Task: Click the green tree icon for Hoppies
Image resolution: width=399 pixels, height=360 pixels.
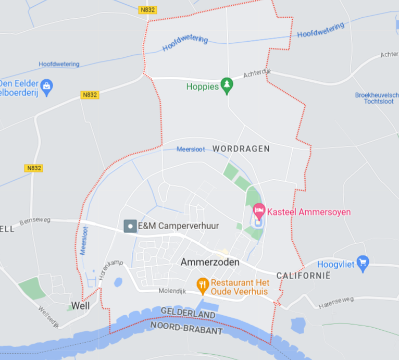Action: click(227, 85)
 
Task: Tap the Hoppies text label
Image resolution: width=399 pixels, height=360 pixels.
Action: click(203, 87)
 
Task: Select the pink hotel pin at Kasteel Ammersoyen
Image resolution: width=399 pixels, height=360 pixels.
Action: click(258, 212)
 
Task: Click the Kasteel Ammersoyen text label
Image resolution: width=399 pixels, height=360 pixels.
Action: click(309, 212)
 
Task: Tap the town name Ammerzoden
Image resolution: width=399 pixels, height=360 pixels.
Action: click(210, 262)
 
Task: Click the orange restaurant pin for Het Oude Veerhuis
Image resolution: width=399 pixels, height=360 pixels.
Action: click(203, 285)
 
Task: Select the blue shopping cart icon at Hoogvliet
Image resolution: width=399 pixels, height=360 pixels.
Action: click(363, 263)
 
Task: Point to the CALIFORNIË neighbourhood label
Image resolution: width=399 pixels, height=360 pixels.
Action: click(303, 276)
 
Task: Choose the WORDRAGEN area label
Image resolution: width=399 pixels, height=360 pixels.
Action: click(241, 148)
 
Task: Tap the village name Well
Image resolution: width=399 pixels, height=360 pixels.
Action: click(81, 305)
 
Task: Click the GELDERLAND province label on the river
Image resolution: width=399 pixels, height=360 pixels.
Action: click(189, 314)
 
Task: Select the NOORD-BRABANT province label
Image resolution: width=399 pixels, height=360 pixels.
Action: click(186, 328)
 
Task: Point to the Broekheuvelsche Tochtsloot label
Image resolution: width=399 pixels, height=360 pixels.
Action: click(377, 98)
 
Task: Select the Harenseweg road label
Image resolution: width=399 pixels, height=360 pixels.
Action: click(336, 301)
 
